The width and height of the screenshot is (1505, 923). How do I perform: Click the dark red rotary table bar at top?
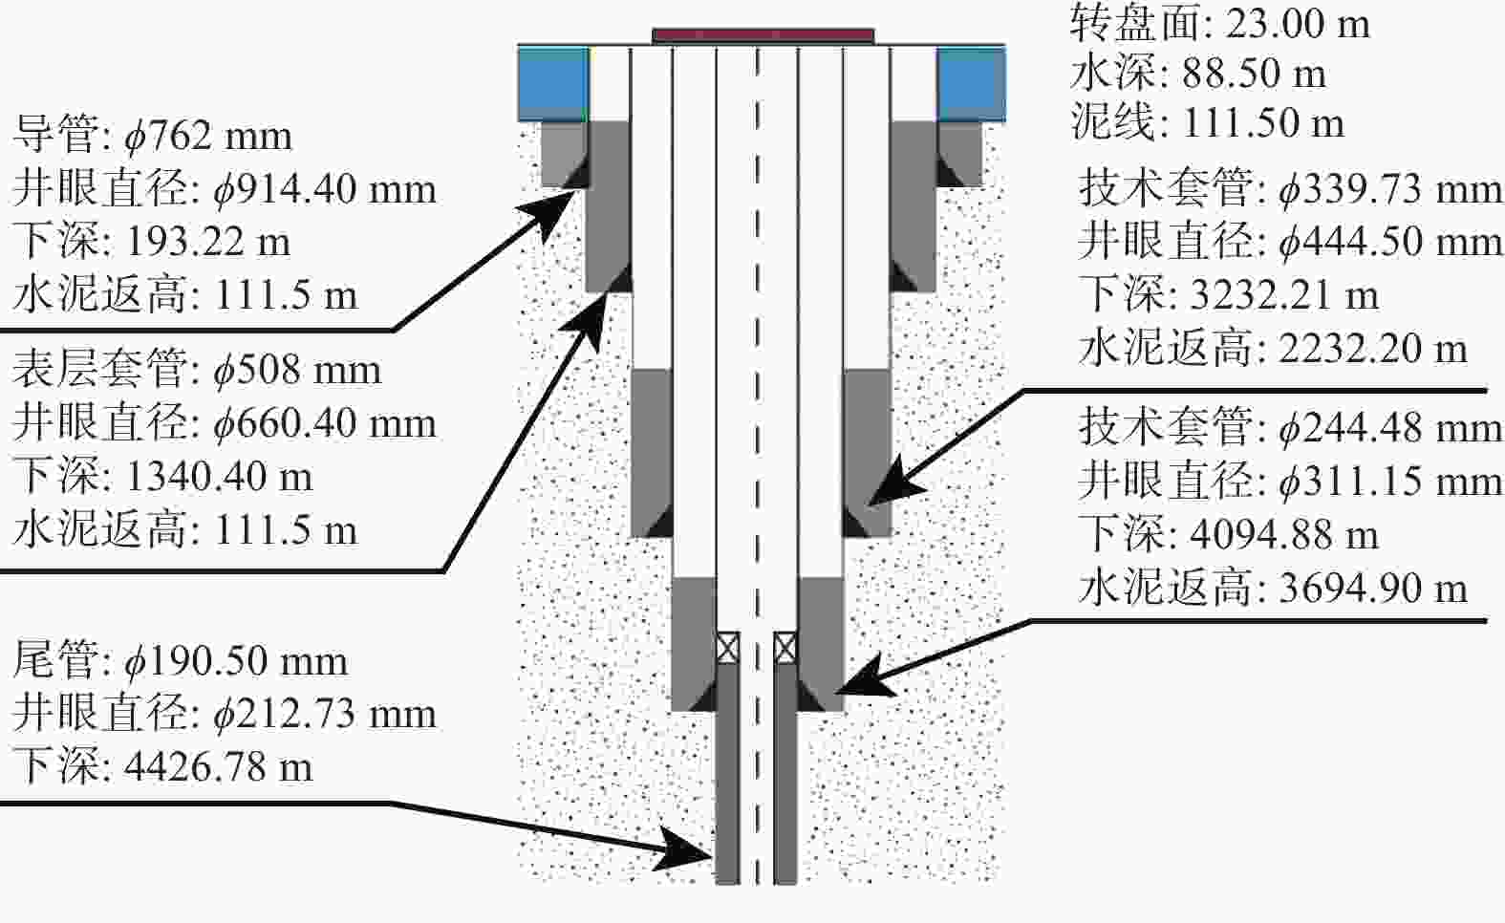coord(763,36)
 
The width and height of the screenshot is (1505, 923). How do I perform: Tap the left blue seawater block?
coord(553,83)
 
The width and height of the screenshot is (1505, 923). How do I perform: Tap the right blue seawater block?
coord(972,83)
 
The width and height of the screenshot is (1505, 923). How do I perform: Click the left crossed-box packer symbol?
coord(728,648)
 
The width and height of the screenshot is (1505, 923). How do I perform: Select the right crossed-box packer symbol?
coord(785,648)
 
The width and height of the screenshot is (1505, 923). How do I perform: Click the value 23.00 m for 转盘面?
coord(1298,24)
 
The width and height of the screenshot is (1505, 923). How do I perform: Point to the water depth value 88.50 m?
coord(1254,74)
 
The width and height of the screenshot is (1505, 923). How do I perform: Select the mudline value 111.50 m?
coord(1263,123)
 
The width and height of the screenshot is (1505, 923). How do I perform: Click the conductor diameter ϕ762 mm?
coord(208,137)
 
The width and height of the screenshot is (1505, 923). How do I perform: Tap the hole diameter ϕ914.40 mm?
coord(325,190)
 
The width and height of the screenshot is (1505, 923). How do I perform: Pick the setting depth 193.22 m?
coord(208,242)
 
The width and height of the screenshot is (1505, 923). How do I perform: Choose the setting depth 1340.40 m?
coord(220,477)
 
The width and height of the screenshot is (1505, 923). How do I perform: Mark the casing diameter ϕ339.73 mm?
coord(1390,190)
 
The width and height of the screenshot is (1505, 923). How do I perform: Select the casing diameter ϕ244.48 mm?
coord(1390,430)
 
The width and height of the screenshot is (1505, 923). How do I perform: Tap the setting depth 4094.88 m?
coord(1284,535)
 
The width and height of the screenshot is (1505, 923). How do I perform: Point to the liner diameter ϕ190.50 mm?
coord(237,662)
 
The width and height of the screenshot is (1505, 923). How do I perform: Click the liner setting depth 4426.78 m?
coord(220,767)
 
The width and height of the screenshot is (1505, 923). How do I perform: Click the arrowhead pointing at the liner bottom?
coord(683,848)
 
